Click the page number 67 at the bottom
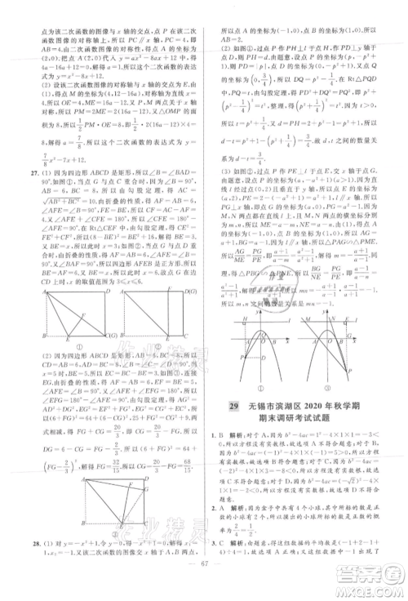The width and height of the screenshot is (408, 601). (204, 591)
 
